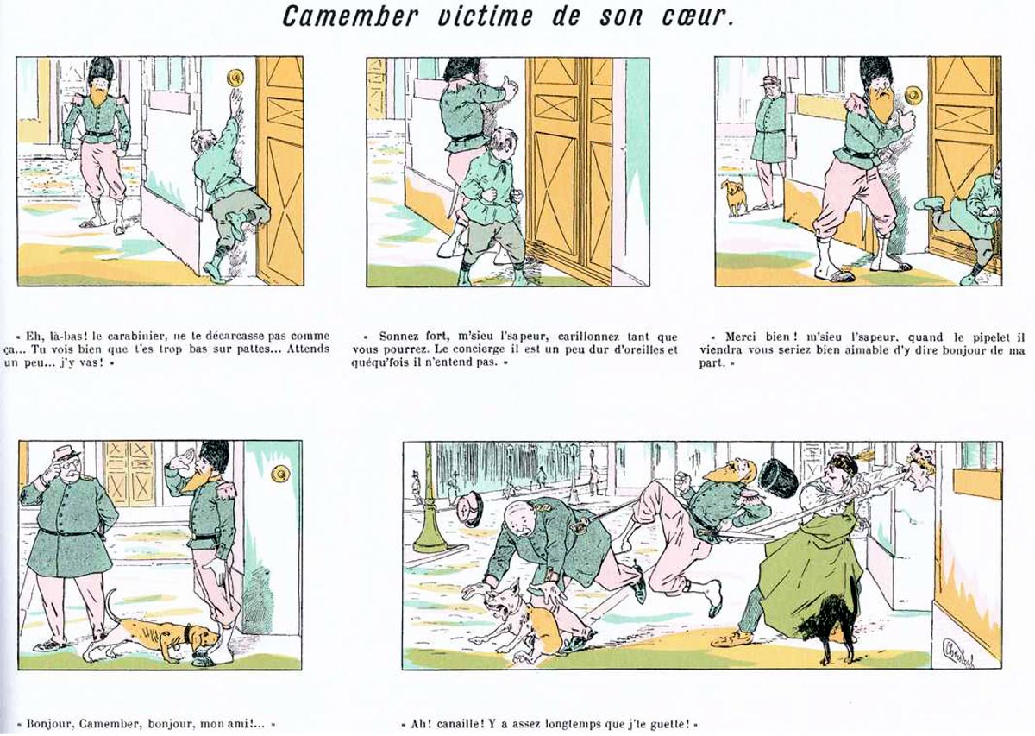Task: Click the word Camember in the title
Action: click(x=350, y=16)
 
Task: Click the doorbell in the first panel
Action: click(x=235, y=76)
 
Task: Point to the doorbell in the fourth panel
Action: click(x=280, y=474)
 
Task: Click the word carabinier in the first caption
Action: click(x=134, y=336)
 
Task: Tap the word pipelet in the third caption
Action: click(x=984, y=337)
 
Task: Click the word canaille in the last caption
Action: click(x=453, y=724)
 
